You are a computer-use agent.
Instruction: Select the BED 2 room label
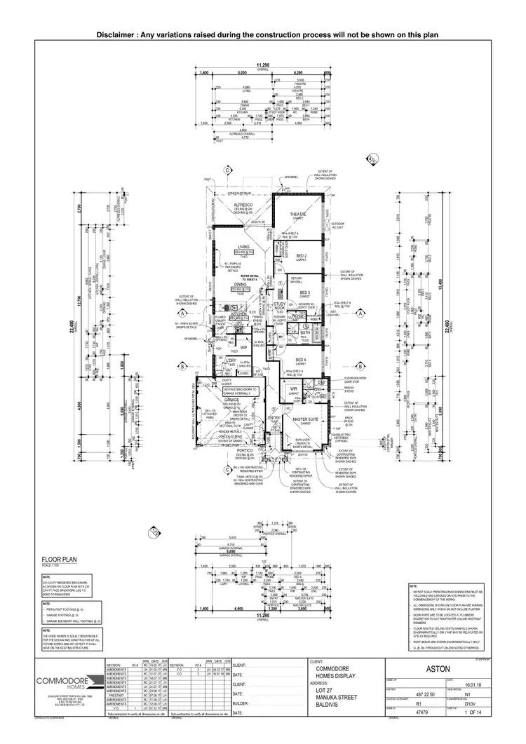pos(302,257)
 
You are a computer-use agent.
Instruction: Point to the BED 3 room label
pos(304,292)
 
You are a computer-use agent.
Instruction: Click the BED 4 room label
pos(301,361)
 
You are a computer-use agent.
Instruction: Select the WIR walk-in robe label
pos(295,390)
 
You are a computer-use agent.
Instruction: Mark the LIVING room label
pos(243,247)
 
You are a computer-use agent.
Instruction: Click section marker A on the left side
pos(182,313)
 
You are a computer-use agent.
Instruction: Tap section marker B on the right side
pos(359,366)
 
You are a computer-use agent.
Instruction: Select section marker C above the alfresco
pos(227,170)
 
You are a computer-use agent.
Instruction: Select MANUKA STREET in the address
pos(335,698)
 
